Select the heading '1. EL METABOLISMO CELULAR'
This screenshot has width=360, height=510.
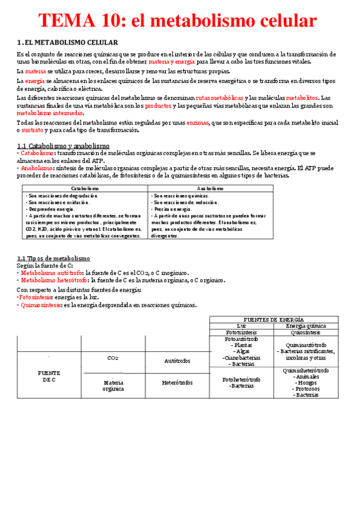(67, 42)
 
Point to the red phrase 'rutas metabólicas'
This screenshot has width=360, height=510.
(220, 97)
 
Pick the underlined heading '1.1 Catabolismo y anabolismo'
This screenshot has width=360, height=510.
(63, 146)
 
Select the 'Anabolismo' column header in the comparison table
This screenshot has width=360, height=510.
(210, 188)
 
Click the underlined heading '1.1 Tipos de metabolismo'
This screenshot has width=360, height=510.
(53, 258)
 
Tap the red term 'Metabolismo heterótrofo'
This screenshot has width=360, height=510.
(51, 280)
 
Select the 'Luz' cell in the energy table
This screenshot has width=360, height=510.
(242, 325)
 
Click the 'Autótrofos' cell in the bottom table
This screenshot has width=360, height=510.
(178, 360)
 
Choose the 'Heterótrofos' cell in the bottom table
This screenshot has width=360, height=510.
(177, 382)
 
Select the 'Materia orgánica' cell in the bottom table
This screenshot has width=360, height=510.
(113, 385)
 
